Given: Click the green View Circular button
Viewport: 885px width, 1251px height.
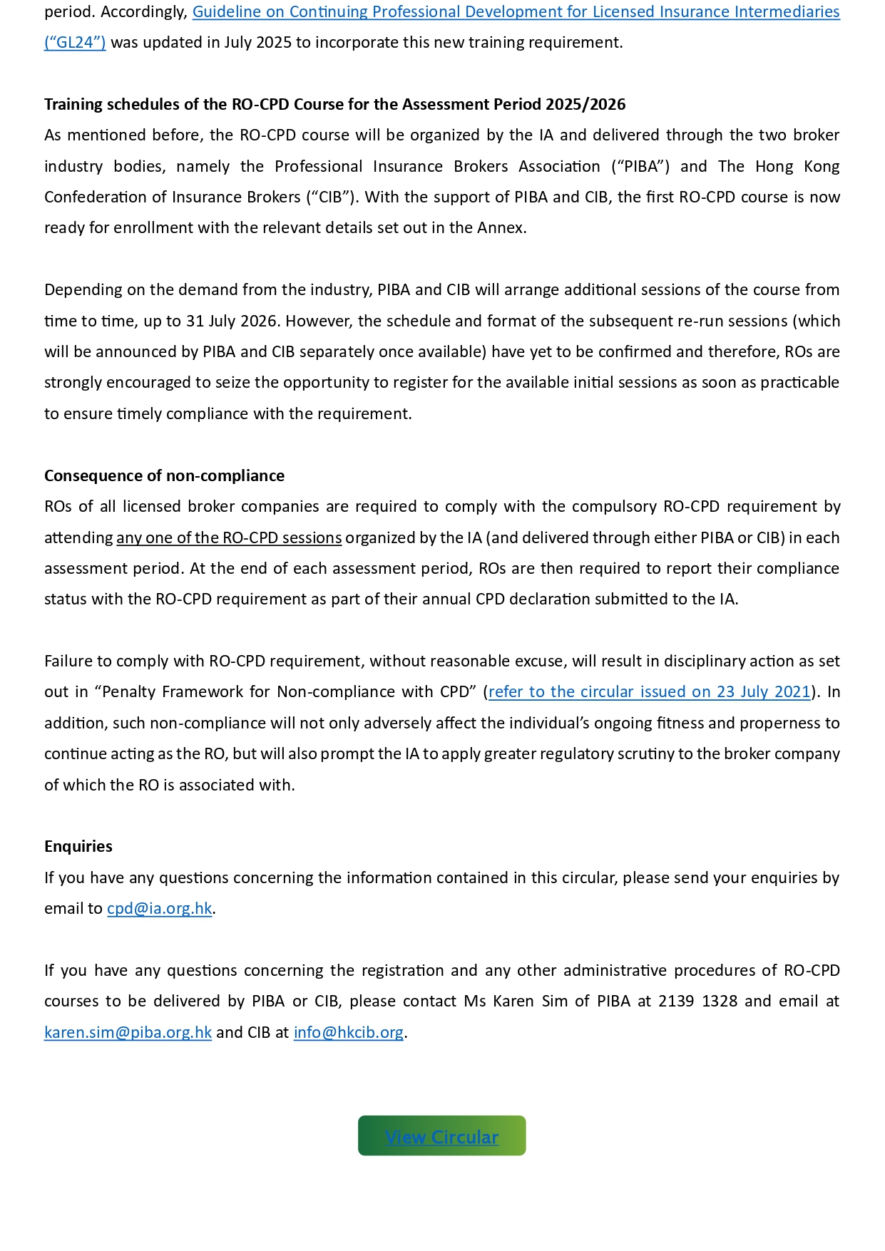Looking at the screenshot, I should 441,1136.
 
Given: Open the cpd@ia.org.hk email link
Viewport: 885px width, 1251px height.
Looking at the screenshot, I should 159,908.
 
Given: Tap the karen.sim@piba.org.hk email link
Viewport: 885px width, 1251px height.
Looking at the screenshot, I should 128,1032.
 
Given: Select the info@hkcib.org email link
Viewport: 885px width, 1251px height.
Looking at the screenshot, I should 348,1032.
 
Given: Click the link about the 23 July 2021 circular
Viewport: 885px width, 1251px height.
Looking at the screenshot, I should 649,691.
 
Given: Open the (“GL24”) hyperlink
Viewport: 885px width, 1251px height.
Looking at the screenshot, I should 75,43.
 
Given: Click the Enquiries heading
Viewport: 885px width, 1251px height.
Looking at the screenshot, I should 78,846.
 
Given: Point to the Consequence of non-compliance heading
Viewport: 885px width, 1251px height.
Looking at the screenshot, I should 164,475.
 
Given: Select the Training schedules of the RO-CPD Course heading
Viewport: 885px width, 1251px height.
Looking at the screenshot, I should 334,104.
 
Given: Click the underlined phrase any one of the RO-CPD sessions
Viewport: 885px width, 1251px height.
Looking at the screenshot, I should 229,537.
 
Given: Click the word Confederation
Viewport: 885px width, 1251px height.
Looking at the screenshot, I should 96,197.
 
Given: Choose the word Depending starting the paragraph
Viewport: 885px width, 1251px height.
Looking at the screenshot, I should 83,289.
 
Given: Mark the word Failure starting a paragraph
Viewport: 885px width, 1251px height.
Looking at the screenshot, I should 68,661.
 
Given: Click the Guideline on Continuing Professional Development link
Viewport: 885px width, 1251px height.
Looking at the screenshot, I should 516,12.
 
